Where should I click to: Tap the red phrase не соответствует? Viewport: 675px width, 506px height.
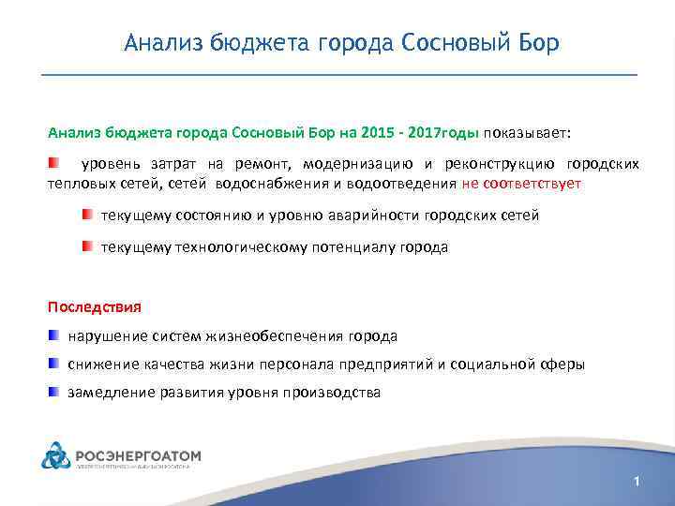521,184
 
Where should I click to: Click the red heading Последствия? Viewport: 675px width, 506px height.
95,306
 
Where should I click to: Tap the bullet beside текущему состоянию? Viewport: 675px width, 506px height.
86,215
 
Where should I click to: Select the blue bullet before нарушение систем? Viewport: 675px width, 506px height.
55,335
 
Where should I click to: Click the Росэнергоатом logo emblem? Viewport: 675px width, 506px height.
55,457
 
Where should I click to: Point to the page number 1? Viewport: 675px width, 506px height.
637,482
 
